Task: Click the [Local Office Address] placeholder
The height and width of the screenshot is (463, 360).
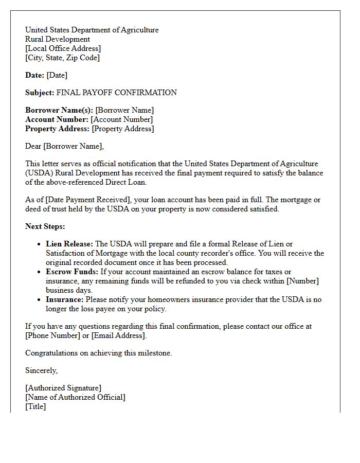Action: (x=63, y=48)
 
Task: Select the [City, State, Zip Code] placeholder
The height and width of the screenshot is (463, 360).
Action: (x=62, y=58)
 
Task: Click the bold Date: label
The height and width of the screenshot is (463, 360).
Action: (x=35, y=75)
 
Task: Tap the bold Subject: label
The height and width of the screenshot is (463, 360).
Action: (x=40, y=93)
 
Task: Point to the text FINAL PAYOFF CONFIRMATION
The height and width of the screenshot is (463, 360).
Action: (x=116, y=93)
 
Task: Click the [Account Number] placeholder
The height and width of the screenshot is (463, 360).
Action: (x=121, y=119)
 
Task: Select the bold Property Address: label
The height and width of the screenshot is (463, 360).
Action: (x=58, y=129)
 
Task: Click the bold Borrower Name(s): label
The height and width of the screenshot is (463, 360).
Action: (x=59, y=110)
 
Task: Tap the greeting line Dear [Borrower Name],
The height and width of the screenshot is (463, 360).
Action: (x=64, y=146)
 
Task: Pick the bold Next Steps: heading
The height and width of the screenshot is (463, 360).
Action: (x=45, y=226)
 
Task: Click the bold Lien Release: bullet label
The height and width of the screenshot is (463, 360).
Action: (x=69, y=244)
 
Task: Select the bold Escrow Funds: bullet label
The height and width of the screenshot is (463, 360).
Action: (x=71, y=272)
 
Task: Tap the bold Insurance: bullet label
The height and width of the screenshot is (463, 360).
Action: (x=65, y=299)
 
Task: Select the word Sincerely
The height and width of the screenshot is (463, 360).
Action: (x=41, y=370)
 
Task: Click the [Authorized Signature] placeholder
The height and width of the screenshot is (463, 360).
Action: (x=63, y=388)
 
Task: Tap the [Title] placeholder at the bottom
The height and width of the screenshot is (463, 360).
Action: (x=35, y=406)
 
